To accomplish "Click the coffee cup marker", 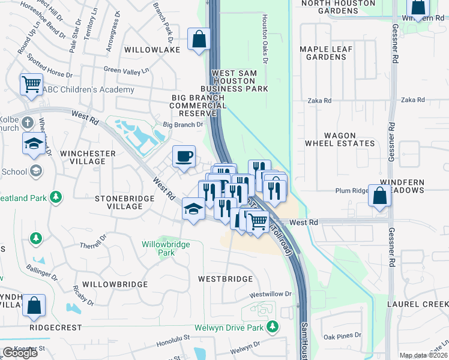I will tap(184, 157).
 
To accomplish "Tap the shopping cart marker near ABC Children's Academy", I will tap(31, 84).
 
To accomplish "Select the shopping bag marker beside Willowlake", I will tap(198, 40).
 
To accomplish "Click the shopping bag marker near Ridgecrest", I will tap(34, 305).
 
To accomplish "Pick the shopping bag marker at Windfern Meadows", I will tap(379, 195).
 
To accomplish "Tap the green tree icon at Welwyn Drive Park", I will tap(273, 327).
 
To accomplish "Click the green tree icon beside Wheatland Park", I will tap(56, 196).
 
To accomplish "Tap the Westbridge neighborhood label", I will tap(226, 279).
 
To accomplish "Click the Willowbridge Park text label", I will tap(166, 248).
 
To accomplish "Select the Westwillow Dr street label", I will tap(270, 295).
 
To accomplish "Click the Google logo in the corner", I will tap(20, 353).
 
